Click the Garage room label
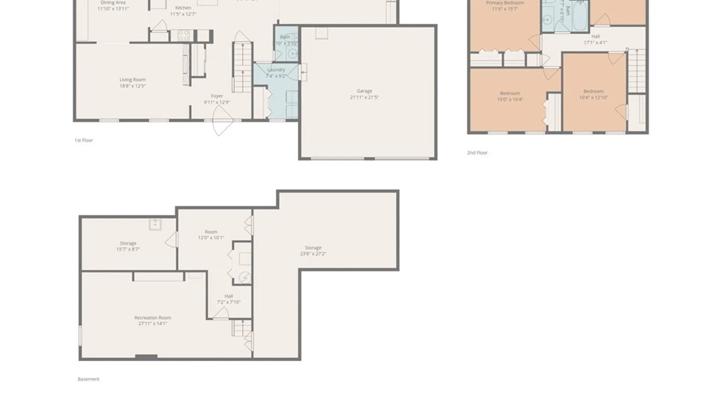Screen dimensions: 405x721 [364, 91]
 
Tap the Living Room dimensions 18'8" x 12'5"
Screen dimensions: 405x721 [132, 86]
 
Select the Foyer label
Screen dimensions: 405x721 [217, 96]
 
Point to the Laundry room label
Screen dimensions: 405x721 [276, 70]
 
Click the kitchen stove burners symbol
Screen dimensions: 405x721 [183, 36]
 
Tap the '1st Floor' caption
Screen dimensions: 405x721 [83, 140]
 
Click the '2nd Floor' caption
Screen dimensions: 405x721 [477, 153]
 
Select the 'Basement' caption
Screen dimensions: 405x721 [88, 379]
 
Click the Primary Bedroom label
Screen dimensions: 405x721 [505, 3]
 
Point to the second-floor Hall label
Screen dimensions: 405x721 [595, 36]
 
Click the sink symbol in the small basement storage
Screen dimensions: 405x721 [155, 224]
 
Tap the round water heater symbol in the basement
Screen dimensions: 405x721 [245, 278]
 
